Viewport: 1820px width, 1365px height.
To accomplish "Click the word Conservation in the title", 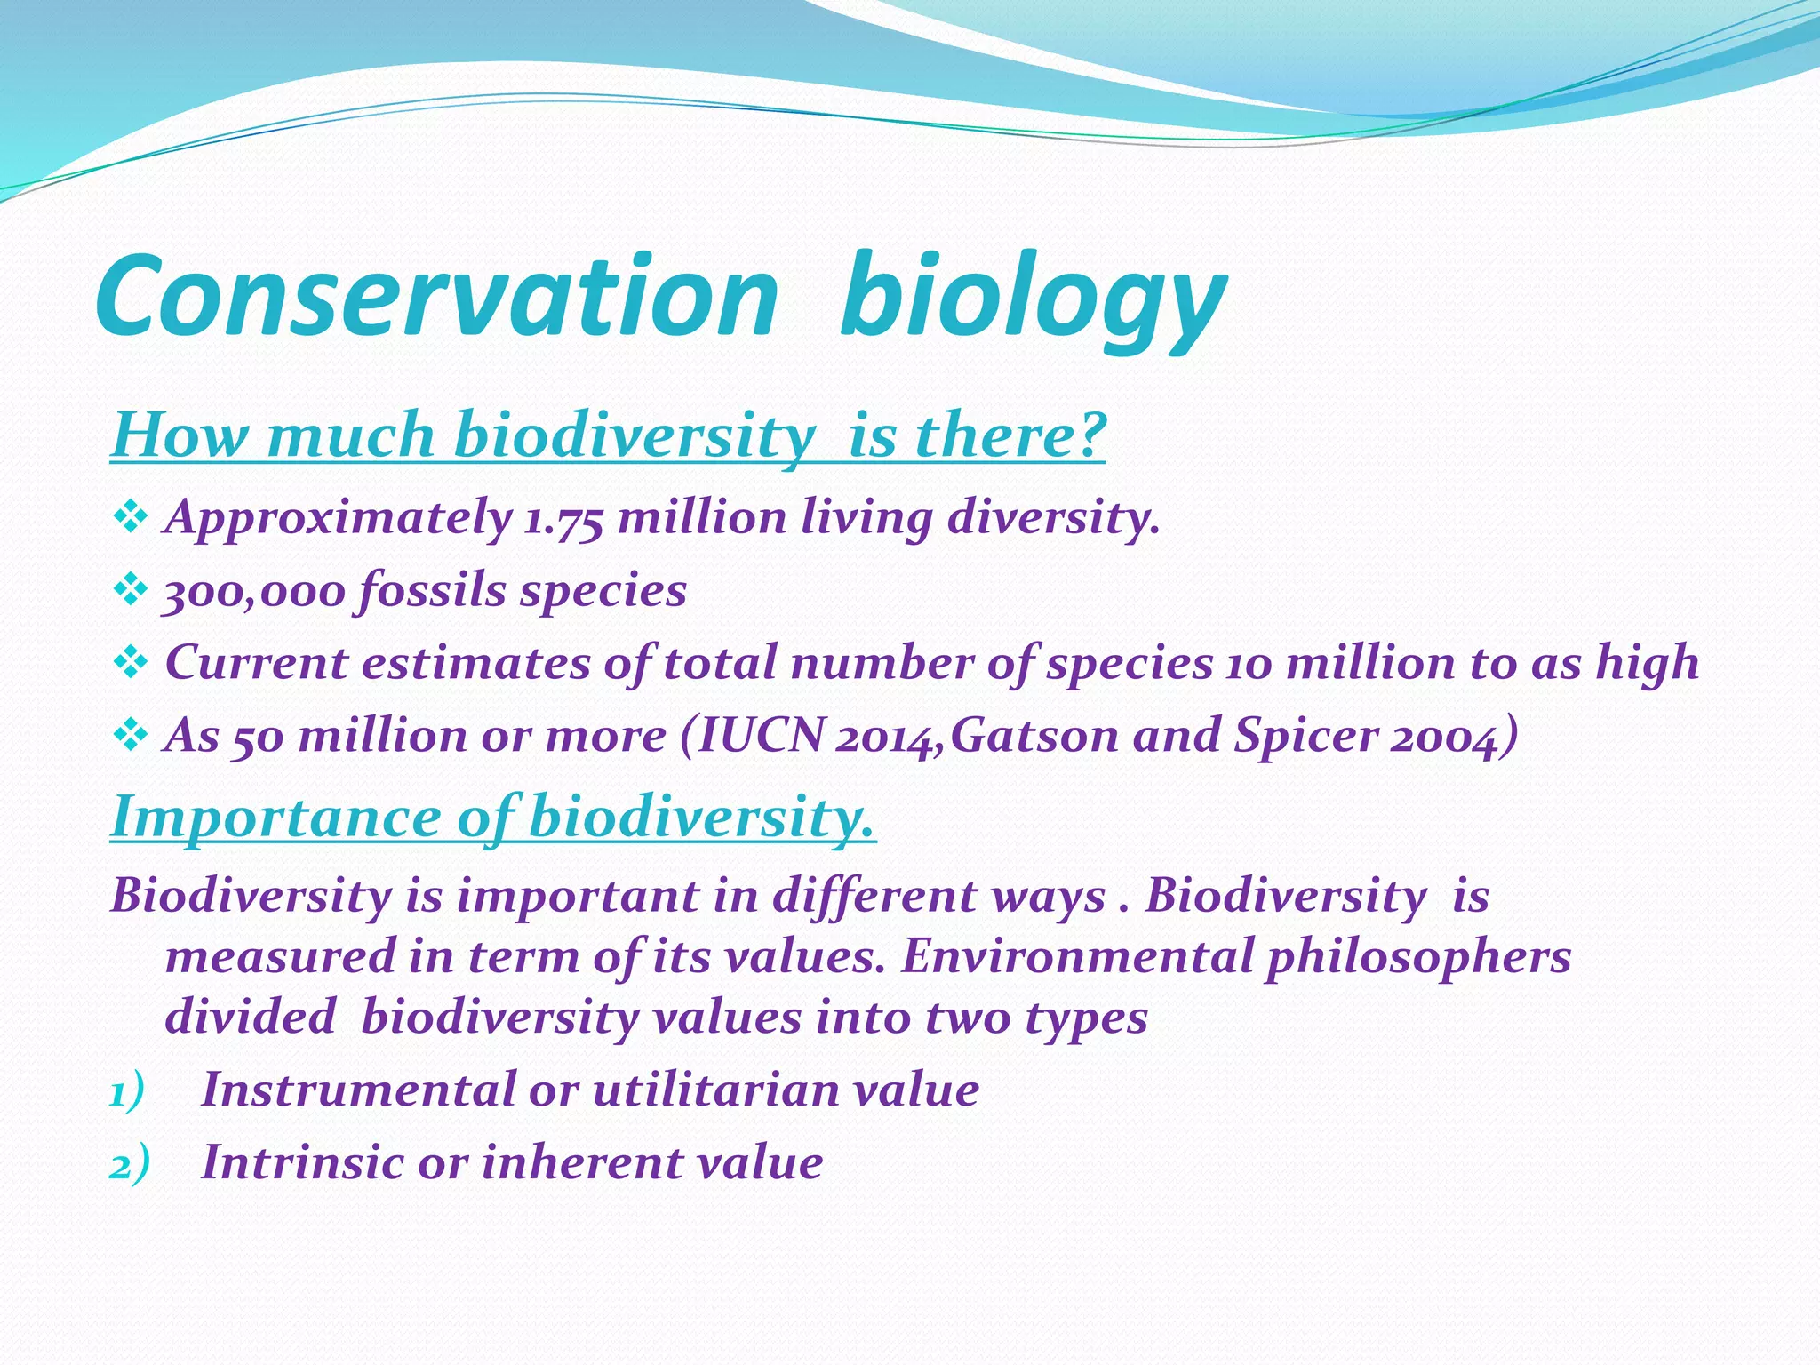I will (435, 298).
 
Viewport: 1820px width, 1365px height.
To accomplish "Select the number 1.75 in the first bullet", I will (563, 518).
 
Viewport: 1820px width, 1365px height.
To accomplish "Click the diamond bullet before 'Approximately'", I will (130, 516).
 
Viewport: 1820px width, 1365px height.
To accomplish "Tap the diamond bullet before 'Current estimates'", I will (130, 662).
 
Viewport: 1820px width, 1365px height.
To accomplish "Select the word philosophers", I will (1418, 957).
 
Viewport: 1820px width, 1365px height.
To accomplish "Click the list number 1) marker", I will (127, 1092).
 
